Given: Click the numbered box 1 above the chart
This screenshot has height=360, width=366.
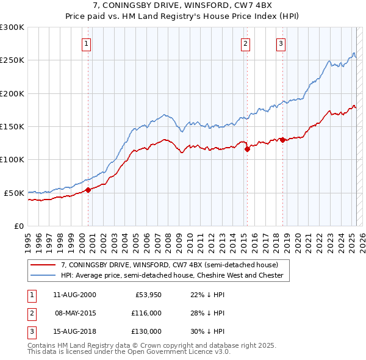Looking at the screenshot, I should [87, 43].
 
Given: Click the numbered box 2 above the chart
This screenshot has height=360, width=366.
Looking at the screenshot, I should [245, 43].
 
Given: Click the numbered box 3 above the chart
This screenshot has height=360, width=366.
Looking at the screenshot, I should [281, 43].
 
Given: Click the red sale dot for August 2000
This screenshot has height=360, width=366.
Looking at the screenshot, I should [88, 190].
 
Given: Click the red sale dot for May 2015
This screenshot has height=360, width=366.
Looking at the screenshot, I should [247, 149].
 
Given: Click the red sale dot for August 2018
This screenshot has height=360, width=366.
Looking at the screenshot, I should [283, 140].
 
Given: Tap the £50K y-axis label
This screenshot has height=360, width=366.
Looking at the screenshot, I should [14, 193].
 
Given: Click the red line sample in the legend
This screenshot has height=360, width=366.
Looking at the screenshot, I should [43, 265].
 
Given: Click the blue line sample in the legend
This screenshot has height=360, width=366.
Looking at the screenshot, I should [43, 276].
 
